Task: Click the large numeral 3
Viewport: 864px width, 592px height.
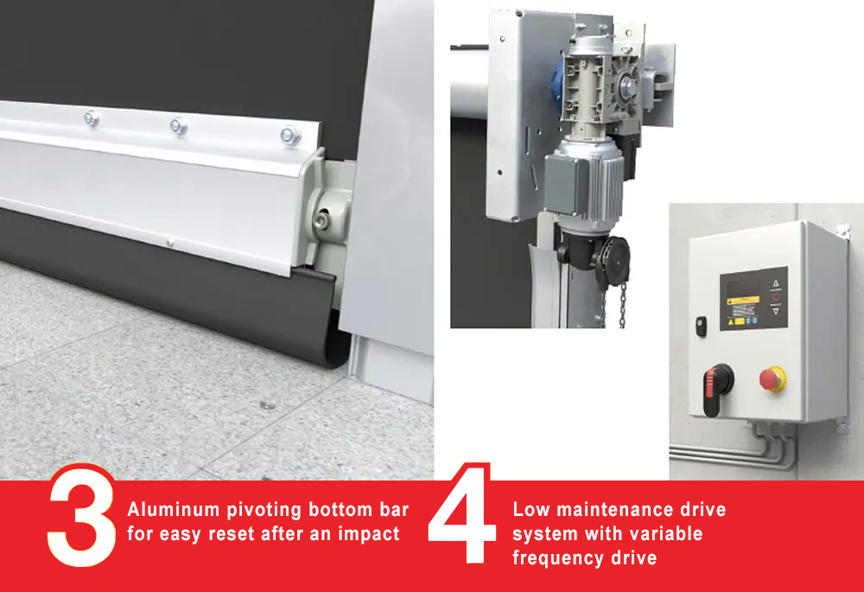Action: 81,515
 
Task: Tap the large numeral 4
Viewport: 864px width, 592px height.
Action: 461,513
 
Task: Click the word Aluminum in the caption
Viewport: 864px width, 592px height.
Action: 174,509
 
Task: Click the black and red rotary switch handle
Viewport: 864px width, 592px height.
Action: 717,387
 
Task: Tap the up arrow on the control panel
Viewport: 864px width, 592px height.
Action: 776,283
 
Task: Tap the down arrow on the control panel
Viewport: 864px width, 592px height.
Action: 776,311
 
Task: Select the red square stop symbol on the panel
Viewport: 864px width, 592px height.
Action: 776,297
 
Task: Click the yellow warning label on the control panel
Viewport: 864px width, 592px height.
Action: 744,301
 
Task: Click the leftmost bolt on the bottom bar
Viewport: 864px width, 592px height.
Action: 92,118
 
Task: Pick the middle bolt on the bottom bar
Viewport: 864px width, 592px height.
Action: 178,126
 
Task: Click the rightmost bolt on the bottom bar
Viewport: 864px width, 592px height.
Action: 289,135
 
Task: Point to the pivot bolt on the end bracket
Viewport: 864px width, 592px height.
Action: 321,220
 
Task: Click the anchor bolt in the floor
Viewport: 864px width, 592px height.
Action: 270,405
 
